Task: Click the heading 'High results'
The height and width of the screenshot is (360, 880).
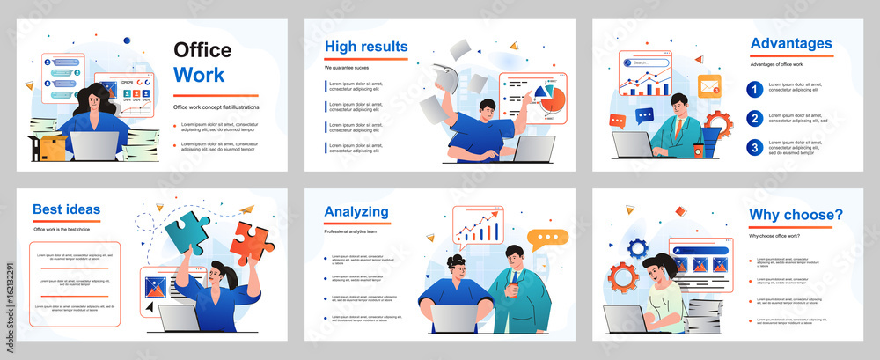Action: [x=365, y=47]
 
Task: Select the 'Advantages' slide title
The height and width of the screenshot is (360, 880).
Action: [x=790, y=43]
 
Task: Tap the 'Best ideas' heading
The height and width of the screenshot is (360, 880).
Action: [x=66, y=209]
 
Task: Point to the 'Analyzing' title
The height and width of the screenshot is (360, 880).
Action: [x=356, y=211]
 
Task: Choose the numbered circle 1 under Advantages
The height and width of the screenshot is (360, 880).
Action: [x=754, y=89]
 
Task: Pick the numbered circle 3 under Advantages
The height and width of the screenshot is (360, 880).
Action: [x=754, y=147]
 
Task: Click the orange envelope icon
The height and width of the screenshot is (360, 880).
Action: [x=709, y=86]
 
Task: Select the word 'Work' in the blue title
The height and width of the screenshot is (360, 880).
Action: [x=199, y=74]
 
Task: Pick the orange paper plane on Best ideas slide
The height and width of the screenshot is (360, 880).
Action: [x=247, y=209]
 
